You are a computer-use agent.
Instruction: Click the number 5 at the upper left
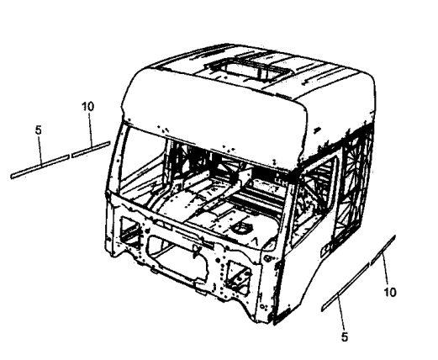(39, 130)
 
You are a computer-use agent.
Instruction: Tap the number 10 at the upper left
(87, 107)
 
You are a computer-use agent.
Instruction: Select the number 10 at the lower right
(390, 292)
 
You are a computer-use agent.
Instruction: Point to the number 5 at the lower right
(345, 336)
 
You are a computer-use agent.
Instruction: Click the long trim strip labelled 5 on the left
(40, 167)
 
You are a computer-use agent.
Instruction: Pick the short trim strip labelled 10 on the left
(91, 150)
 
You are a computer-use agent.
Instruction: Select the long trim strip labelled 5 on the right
(345, 287)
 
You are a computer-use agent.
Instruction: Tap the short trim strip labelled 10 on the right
(383, 250)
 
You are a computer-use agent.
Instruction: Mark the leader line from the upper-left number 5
(40, 151)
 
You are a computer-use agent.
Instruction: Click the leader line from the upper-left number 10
(90, 129)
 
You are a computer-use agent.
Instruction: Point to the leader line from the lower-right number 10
(385, 269)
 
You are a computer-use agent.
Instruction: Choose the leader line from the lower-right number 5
(340, 311)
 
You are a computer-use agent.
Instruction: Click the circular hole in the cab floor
(241, 228)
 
